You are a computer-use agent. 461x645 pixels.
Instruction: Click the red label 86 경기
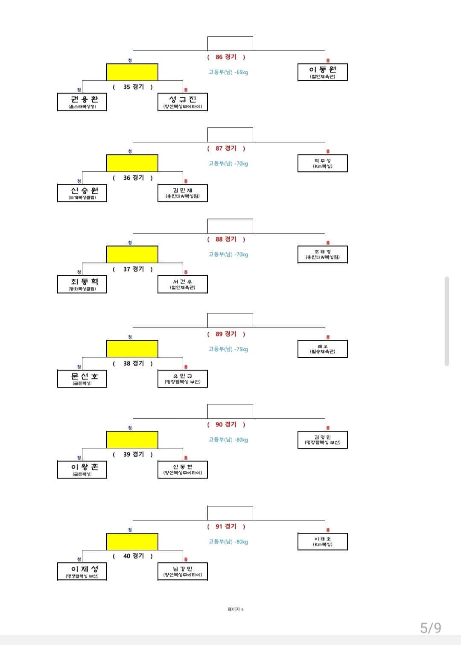226,57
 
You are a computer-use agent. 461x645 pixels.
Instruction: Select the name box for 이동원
322,72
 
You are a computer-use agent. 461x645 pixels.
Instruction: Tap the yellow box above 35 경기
132,72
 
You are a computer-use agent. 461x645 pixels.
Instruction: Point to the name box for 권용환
82,102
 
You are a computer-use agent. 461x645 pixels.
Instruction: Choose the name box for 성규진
182,102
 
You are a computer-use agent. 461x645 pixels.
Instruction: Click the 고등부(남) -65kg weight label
228,73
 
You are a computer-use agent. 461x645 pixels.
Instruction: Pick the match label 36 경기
133,178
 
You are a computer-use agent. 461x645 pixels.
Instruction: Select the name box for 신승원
82,193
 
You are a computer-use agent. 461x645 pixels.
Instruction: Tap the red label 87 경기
226,149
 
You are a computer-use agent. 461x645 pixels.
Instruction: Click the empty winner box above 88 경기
230,226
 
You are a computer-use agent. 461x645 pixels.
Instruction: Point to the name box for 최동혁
82,284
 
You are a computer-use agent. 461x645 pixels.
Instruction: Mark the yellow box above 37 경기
132,254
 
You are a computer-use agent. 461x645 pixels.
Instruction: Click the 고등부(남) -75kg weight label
228,349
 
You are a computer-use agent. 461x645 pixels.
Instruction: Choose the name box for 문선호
82,379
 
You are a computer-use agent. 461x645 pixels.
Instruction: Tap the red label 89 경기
226,334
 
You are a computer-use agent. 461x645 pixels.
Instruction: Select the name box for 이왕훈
82,470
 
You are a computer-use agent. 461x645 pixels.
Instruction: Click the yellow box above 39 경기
132,440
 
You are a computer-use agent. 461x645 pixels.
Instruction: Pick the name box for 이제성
82,572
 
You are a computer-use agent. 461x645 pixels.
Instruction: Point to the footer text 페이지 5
236,610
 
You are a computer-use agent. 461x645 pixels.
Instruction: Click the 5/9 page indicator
430,628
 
